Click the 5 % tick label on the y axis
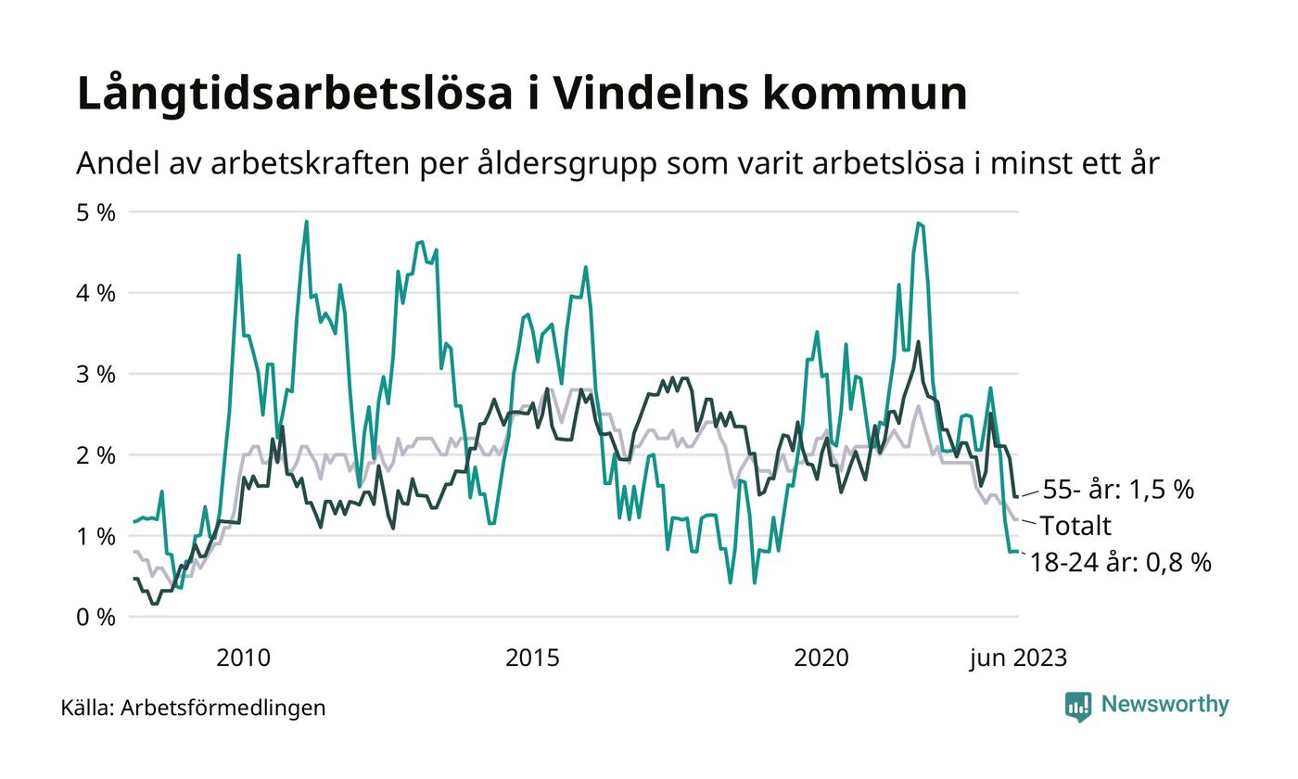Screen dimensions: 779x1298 96,212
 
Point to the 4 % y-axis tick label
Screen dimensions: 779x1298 96,293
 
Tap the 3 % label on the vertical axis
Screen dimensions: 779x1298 96,375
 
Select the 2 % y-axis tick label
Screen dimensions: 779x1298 96,455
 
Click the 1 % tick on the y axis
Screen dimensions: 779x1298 96,536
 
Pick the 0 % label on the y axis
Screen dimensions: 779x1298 96,617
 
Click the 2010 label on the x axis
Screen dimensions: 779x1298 243,658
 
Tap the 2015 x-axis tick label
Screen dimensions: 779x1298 532,658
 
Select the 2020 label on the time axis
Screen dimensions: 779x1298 821,658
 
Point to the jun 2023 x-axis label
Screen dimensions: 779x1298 1018,658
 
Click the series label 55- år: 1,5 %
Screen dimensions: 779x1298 1118,490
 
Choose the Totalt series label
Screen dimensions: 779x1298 1075,526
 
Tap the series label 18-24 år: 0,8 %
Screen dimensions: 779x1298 1120,562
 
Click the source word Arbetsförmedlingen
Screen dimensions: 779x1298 223,708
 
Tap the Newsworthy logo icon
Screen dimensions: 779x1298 1078,706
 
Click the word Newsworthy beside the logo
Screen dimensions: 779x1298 1164,705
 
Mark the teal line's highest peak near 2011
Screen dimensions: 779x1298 306,222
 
